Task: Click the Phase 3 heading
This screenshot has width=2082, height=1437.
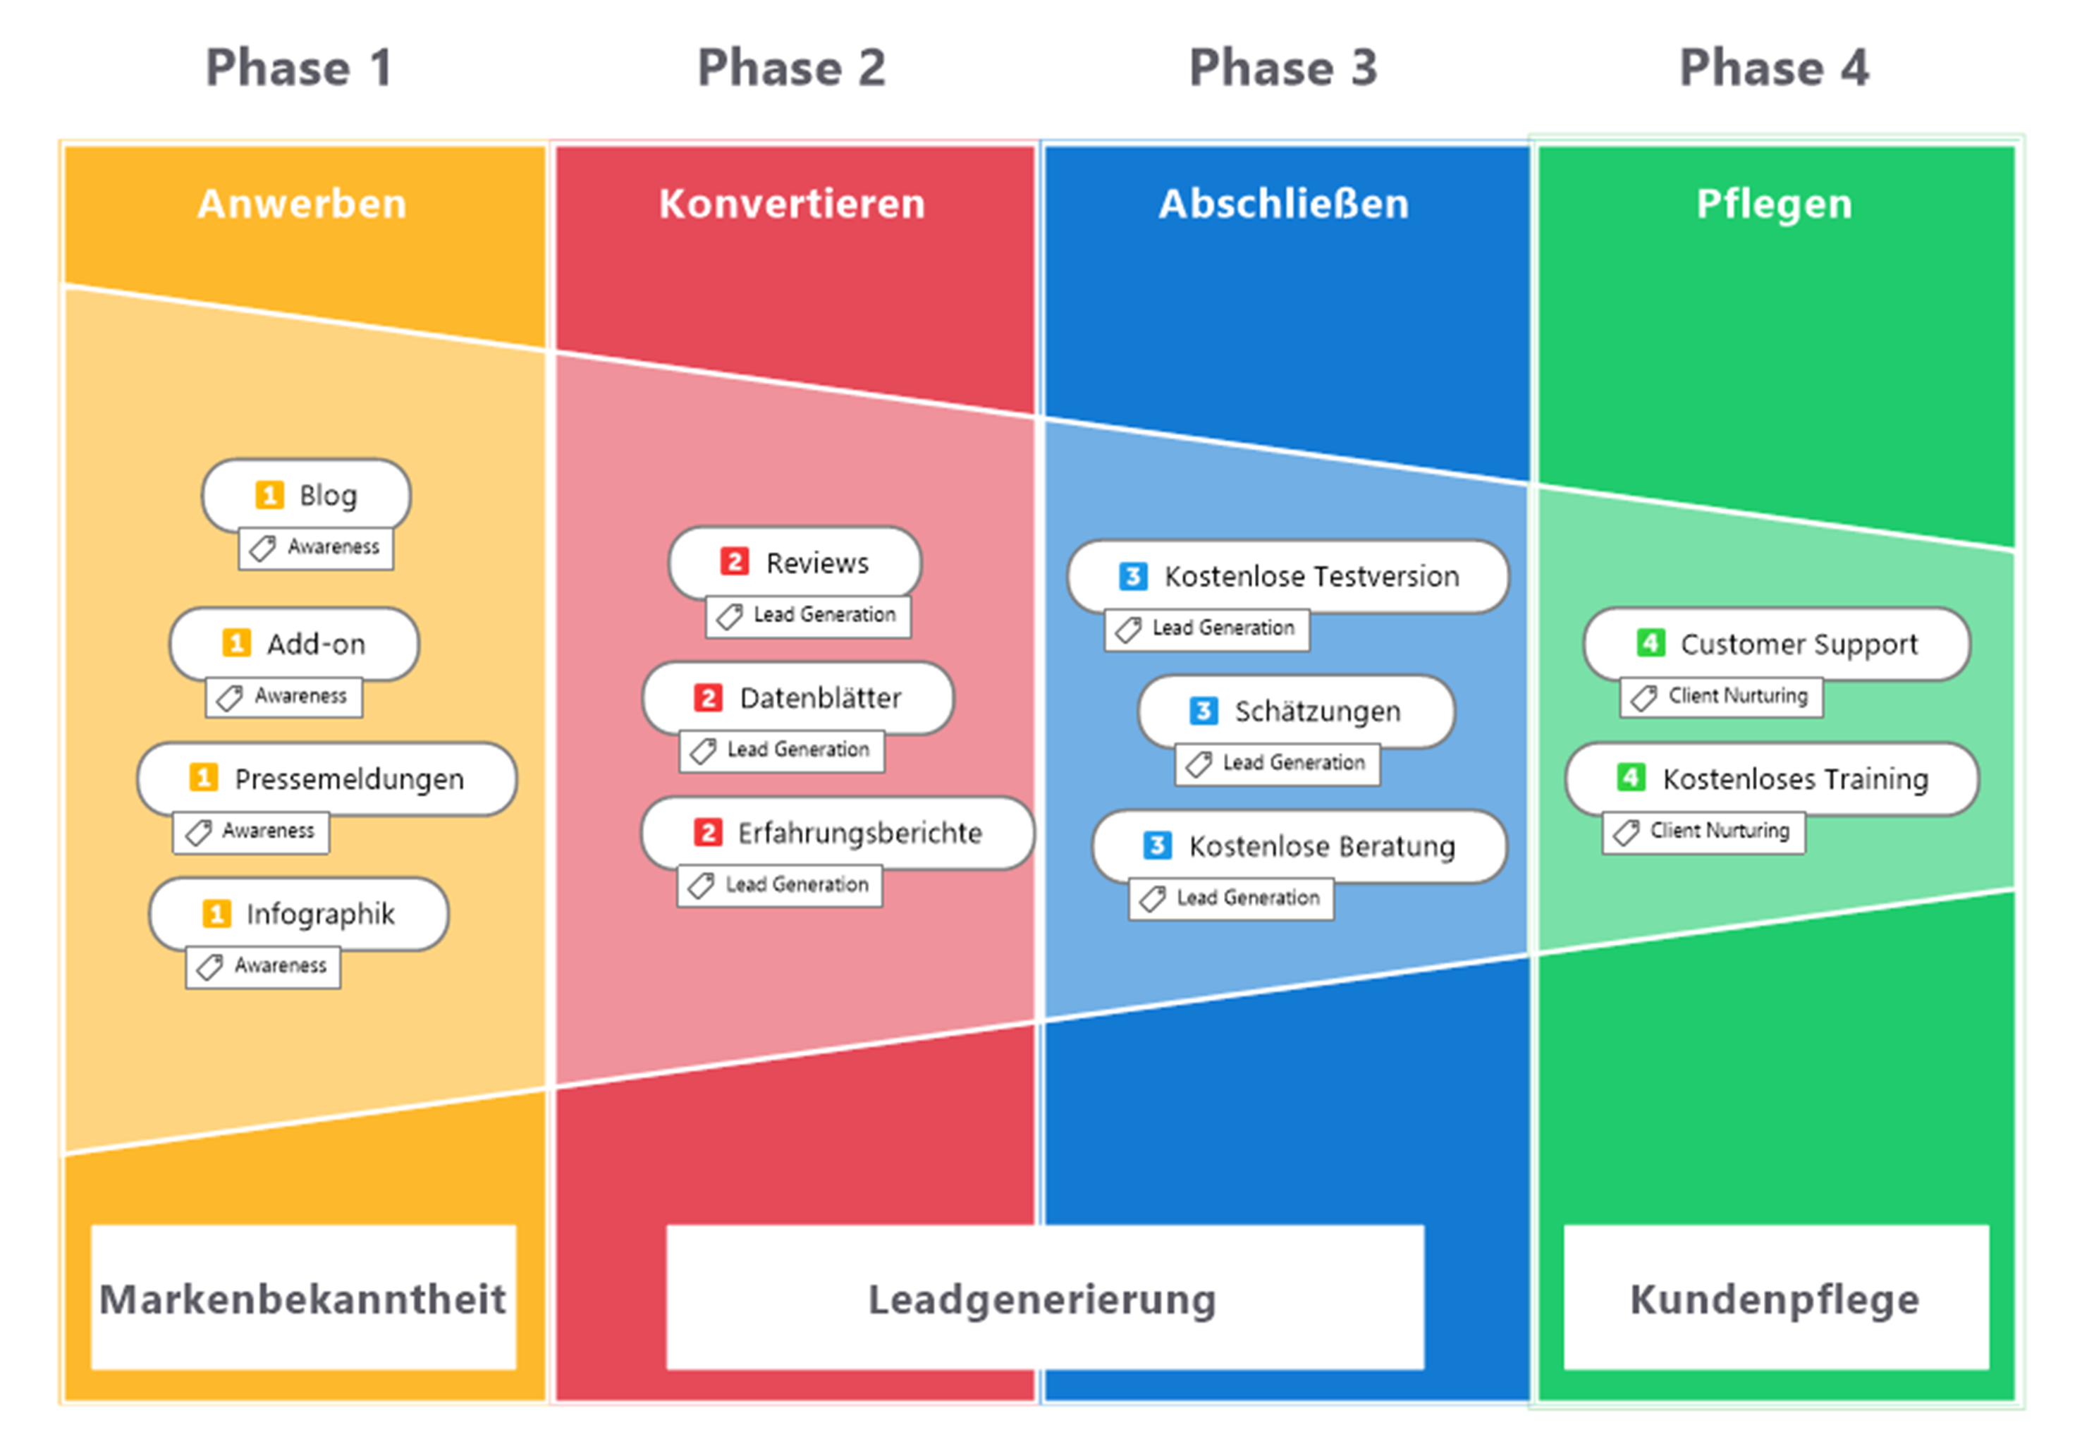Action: (1282, 68)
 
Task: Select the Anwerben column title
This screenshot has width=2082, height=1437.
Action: (302, 204)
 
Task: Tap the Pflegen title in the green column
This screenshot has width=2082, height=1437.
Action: (1773, 204)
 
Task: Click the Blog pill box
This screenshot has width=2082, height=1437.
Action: (307, 494)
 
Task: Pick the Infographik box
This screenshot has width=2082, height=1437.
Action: (299, 913)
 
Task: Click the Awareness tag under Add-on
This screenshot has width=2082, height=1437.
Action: (284, 696)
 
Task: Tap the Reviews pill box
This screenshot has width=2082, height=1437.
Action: (795, 562)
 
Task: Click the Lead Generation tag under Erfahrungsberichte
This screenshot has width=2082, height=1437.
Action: (780, 885)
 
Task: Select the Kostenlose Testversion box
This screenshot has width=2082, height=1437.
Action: (1287, 575)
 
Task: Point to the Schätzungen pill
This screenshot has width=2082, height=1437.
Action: (1296, 711)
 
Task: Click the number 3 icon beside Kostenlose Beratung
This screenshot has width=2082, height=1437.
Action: (1157, 845)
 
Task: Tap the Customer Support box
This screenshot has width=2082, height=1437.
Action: (1776, 643)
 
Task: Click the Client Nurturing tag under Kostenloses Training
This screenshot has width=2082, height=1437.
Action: (1703, 831)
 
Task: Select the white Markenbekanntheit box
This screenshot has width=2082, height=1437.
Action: (303, 1297)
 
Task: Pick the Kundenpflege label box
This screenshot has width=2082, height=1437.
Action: (1775, 1297)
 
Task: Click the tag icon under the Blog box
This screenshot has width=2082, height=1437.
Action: (262, 547)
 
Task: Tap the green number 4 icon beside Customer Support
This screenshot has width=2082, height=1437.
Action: (1649, 643)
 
